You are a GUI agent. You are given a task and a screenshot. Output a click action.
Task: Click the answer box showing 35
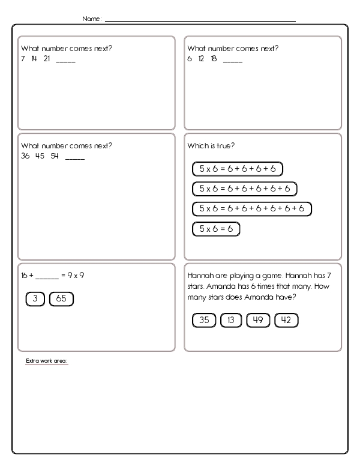point(203,320)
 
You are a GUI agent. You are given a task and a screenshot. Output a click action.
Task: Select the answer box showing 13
point(231,320)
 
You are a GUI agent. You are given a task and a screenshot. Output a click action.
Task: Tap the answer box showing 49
point(259,320)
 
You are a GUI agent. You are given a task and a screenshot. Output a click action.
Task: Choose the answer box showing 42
point(286,320)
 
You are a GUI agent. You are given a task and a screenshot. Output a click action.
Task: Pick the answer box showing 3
point(35,298)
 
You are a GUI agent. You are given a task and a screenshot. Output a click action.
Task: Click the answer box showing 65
point(61,298)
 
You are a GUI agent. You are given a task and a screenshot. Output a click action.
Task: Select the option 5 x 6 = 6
point(215,229)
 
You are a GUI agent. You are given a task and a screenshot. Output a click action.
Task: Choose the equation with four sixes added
point(237,169)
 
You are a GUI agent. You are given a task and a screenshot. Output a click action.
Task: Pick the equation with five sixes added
point(244,189)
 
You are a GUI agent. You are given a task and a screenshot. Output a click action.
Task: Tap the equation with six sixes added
point(251,209)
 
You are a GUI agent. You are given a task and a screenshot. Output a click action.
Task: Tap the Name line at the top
point(200,21)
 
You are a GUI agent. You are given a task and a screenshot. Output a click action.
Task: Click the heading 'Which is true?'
point(209,146)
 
